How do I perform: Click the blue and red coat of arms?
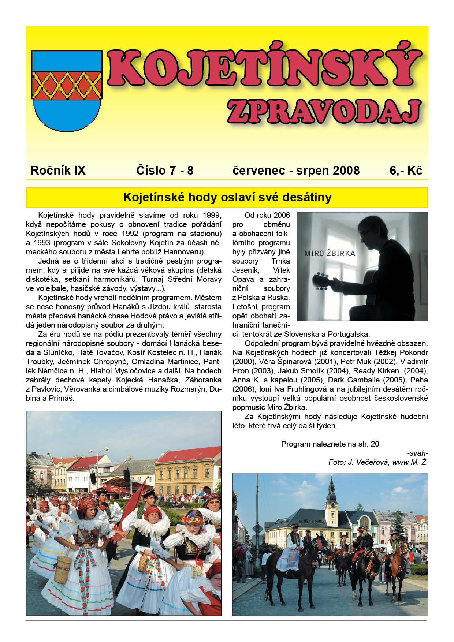(67, 90)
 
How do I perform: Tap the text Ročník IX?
(58, 170)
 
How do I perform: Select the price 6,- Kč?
(406, 170)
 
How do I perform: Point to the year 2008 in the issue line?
(346, 170)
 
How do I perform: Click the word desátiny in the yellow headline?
(311, 197)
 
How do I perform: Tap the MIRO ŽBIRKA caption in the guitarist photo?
(330, 253)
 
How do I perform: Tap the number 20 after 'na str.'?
(375, 444)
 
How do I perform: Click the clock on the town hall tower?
(332, 505)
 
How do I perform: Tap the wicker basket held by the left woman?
(63, 567)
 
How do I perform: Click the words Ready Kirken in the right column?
(376, 371)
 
